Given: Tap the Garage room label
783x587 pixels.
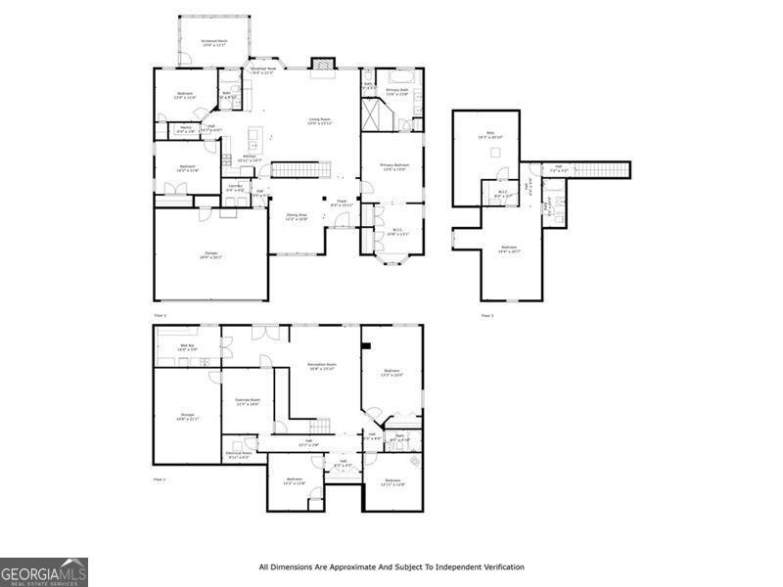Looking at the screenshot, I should click(x=212, y=254).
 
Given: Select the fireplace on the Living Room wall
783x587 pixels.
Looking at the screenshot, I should click(x=322, y=65).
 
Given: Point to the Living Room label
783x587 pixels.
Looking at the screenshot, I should click(x=320, y=121).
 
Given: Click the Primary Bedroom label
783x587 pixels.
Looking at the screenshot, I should click(x=394, y=167).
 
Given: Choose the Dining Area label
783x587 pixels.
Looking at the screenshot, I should click(x=297, y=216).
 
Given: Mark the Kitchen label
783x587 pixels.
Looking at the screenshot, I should click(x=250, y=158).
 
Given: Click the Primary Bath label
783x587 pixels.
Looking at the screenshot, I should click(x=397, y=92).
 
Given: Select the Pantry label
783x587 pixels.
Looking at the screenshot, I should click(x=185, y=128).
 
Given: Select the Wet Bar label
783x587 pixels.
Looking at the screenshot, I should click(x=188, y=347).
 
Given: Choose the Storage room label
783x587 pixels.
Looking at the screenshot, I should click(x=187, y=417).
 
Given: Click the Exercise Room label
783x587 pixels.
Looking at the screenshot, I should click(x=248, y=401).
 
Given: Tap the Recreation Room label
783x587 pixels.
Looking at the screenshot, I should click(x=322, y=366).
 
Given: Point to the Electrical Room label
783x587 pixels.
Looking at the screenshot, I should click(x=239, y=455).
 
